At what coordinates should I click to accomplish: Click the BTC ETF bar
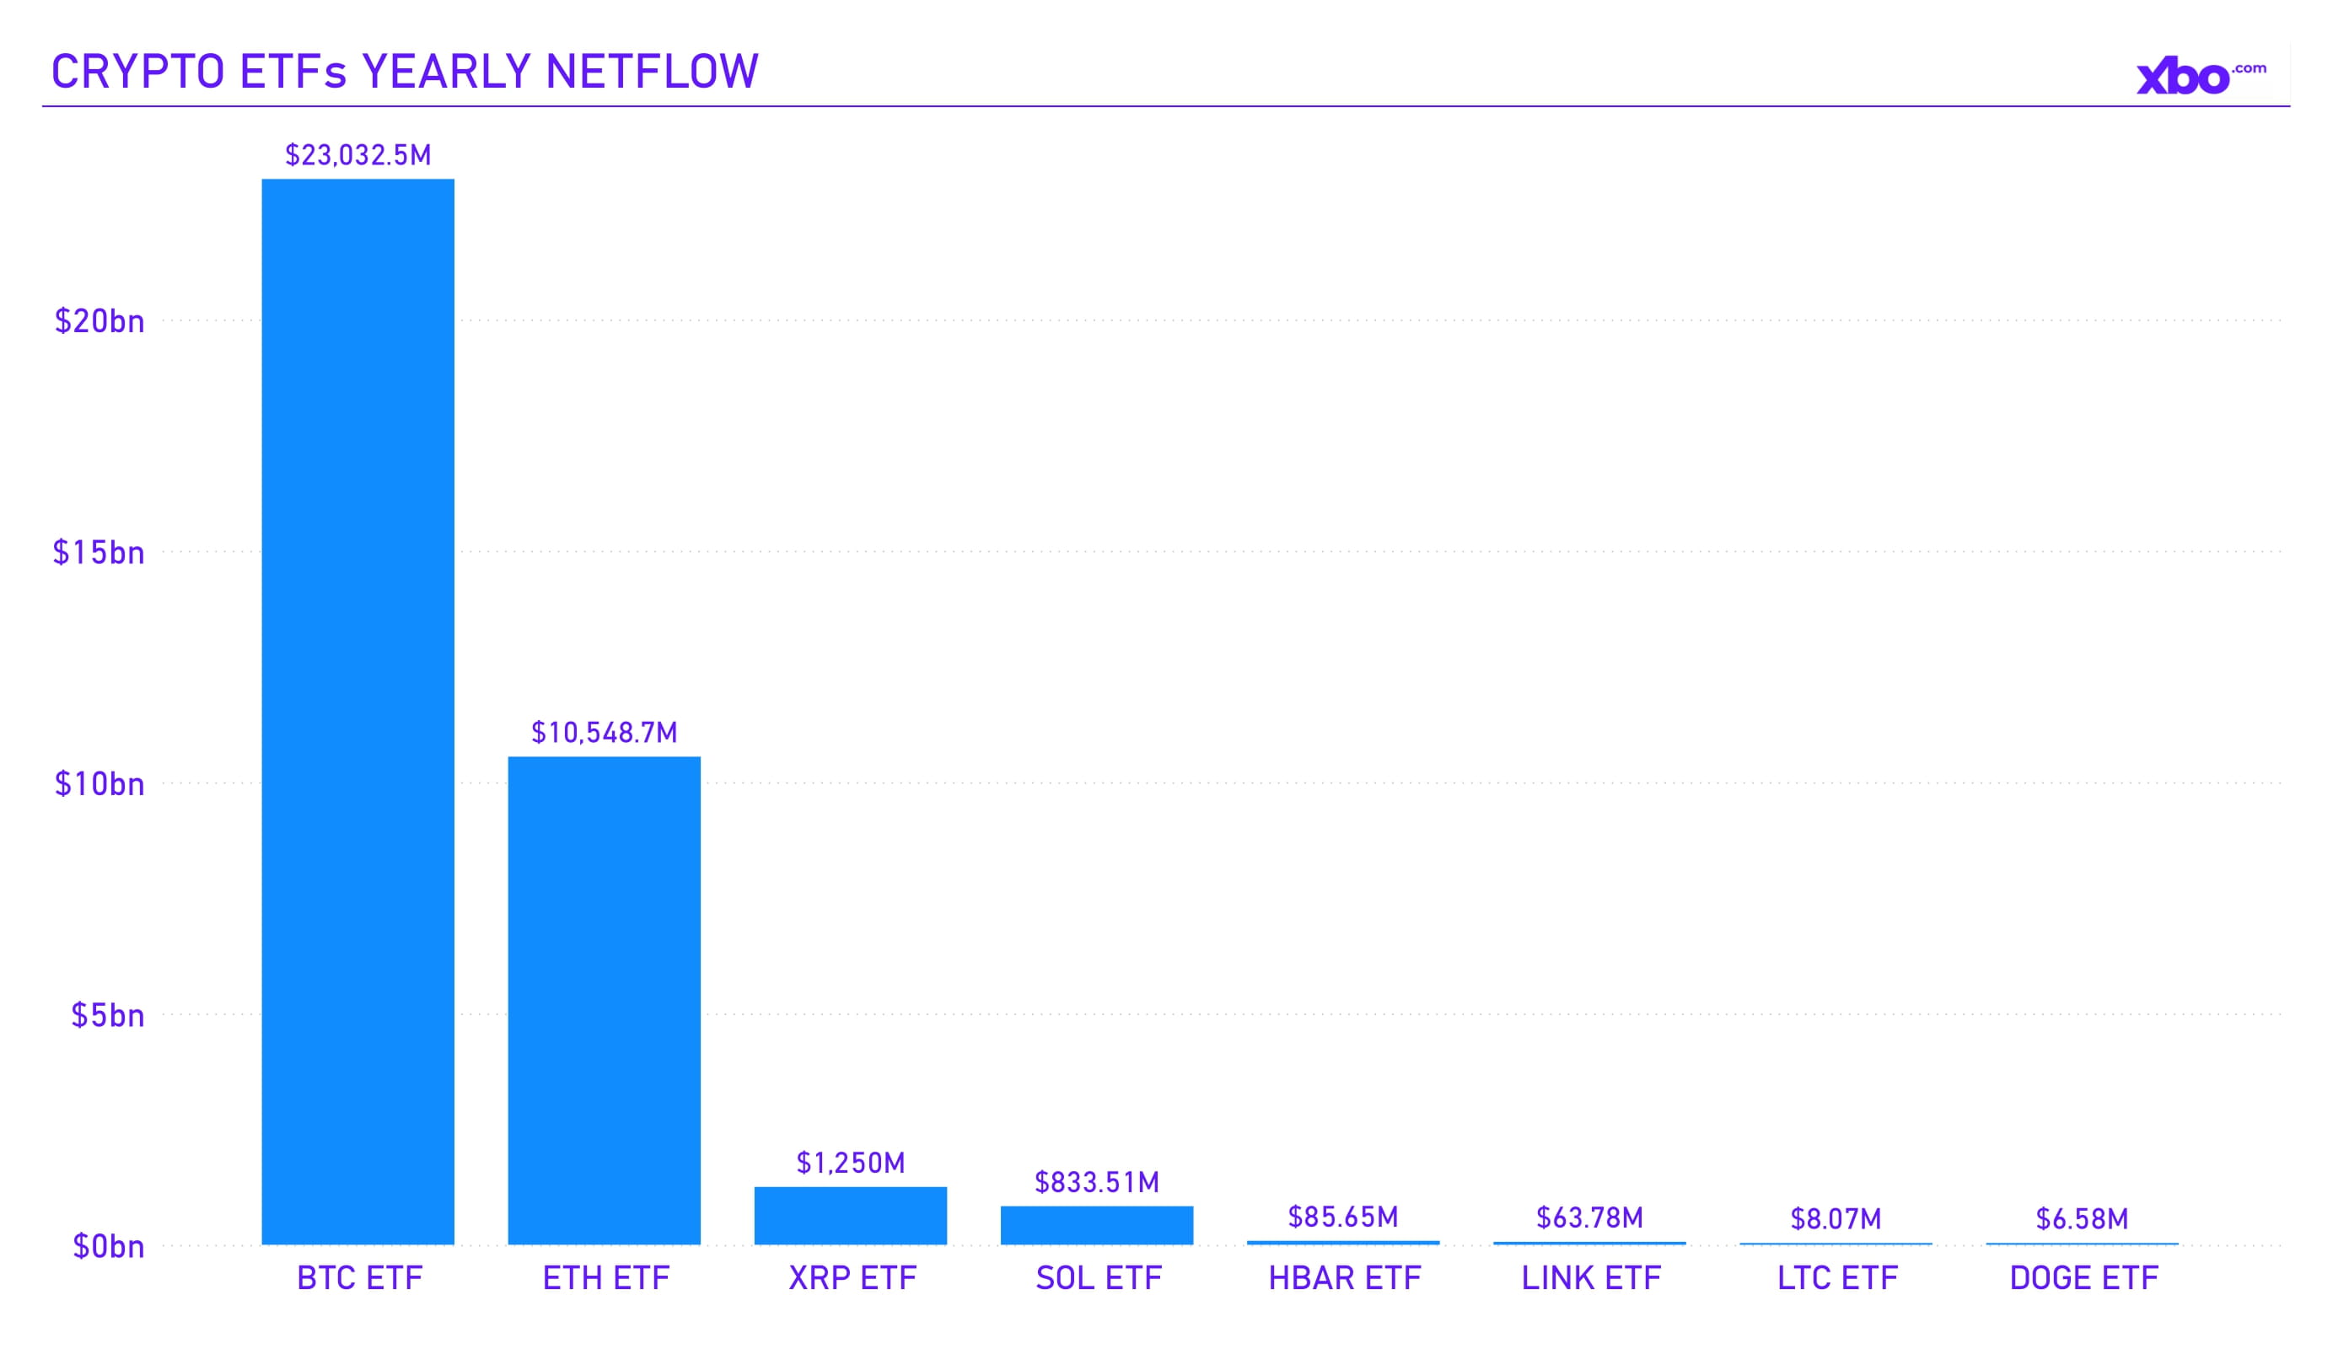click(x=357, y=711)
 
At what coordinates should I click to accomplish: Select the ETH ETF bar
click(x=604, y=1000)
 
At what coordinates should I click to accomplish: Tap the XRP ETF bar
click(x=850, y=1215)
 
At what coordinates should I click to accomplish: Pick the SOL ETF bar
click(x=1096, y=1224)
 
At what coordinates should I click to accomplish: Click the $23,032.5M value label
click(x=357, y=154)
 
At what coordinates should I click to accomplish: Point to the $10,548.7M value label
click(x=604, y=733)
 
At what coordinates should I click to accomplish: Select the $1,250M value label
click(x=850, y=1162)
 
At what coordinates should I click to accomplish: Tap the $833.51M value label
click(x=1096, y=1181)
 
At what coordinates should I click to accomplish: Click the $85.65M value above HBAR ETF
click(x=1342, y=1217)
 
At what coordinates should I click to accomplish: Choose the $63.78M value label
click(x=1588, y=1217)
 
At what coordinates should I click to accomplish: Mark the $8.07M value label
click(x=1835, y=1218)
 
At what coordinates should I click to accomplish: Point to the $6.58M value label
click(x=2081, y=1218)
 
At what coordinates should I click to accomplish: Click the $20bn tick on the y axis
click(x=99, y=321)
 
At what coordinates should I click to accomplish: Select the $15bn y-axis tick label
click(x=98, y=553)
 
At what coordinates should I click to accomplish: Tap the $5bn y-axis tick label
click(x=107, y=1016)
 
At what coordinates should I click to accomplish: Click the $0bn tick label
click(x=108, y=1246)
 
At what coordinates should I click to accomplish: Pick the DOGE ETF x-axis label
click(x=2083, y=1277)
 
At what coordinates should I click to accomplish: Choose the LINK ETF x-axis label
click(x=1590, y=1277)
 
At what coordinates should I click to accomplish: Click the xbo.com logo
click(x=2200, y=76)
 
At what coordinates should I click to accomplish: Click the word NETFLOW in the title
click(x=652, y=72)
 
